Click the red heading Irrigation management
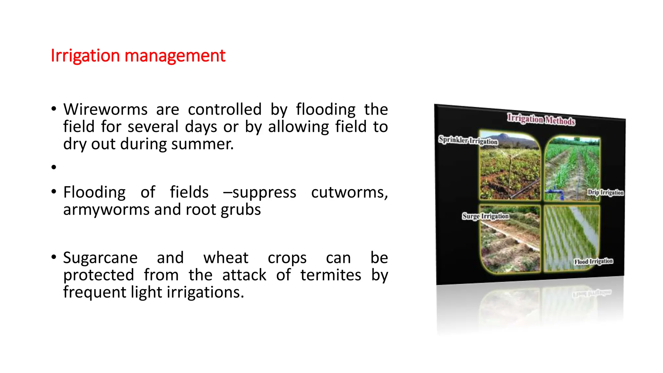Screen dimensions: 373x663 (138, 56)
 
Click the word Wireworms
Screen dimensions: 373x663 (105, 109)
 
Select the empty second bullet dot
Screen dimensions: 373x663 (54, 167)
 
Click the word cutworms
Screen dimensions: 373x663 (349, 193)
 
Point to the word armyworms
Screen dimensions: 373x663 (106, 210)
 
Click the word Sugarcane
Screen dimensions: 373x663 (100, 258)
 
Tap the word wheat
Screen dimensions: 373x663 (226, 258)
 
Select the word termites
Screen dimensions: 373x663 (331, 275)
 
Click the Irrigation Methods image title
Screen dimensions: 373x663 (541, 119)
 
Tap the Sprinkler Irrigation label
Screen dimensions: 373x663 (468, 140)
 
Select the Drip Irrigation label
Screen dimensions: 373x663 (605, 192)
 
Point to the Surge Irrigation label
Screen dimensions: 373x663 (485, 216)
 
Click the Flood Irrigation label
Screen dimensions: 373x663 (593, 261)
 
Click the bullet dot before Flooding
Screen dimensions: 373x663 (54, 192)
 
